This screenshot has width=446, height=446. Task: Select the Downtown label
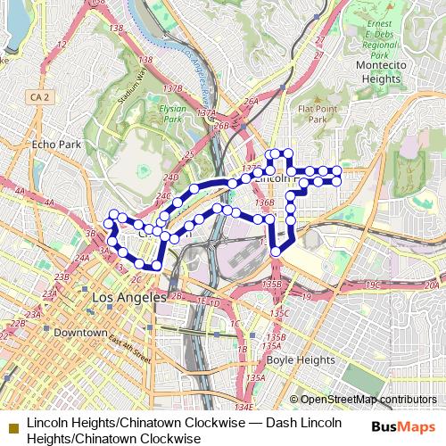[80, 333]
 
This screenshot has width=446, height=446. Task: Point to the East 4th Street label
[128, 347]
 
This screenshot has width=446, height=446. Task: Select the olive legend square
[12, 420]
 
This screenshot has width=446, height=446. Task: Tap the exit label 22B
[17, 324]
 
